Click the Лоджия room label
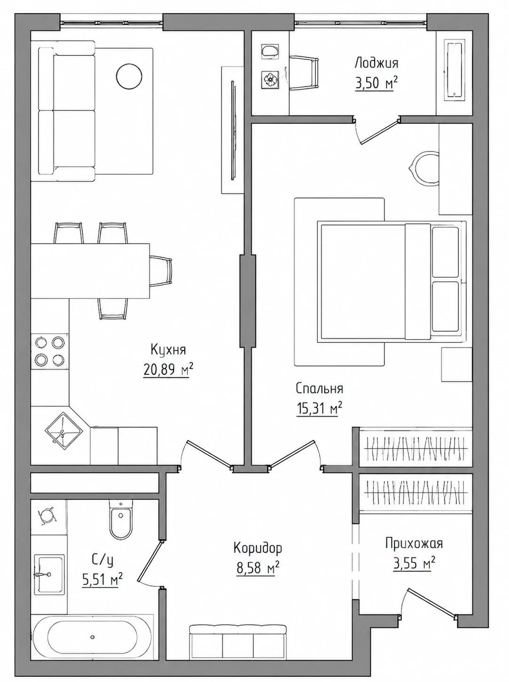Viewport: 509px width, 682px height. [x=376, y=63]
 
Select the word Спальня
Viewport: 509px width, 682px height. [x=319, y=389]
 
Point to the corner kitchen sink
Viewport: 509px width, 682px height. [x=64, y=432]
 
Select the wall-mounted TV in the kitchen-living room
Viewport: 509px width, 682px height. [x=233, y=130]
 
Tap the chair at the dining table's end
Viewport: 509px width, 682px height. [x=161, y=271]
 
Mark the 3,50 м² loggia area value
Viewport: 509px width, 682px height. [x=376, y=84]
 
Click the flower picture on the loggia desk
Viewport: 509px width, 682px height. [x=270, y=79]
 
